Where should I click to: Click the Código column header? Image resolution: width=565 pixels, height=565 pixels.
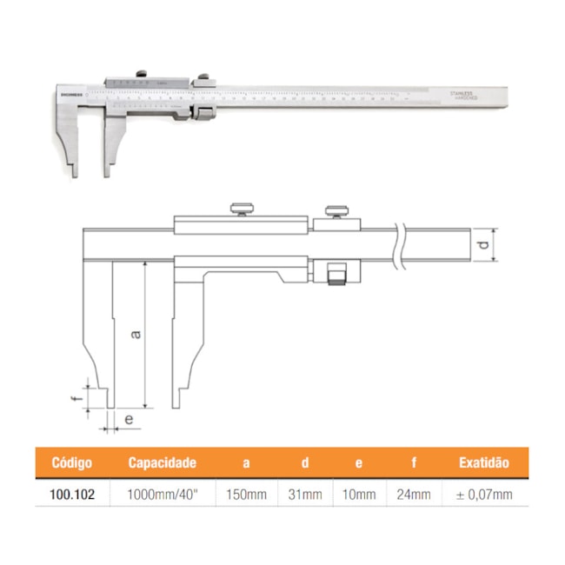pyautogui.click(x=72, y=463)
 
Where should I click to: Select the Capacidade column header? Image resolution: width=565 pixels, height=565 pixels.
pyautogui.click(x=163, y=463)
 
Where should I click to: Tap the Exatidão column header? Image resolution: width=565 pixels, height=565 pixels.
pyautogui.click(x=483, y=463)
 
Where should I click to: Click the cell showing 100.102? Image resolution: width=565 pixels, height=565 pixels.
pyautogui.click(x=72, y=495)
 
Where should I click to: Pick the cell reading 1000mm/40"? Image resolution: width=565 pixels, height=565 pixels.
pyautogui.click(x=162, y=495)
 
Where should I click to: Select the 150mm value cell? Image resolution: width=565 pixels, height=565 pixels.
pyautogui.click(x=246, y=495)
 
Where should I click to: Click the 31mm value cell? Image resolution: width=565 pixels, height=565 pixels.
pyautogui.click(x=304, y=495)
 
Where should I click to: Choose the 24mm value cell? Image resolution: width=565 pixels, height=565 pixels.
pyautogui.click(x=414, y=495)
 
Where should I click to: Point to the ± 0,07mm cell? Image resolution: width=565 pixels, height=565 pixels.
pyautogui.click(x=483, y=495)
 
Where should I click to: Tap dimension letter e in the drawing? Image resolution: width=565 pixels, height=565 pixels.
pyautogui.click(x=128, y=420)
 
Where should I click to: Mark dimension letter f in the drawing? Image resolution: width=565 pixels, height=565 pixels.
pyautogui.click(x=76, y=399)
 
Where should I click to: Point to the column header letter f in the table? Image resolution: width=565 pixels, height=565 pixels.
pyautogui.click(x=414, y=463)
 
